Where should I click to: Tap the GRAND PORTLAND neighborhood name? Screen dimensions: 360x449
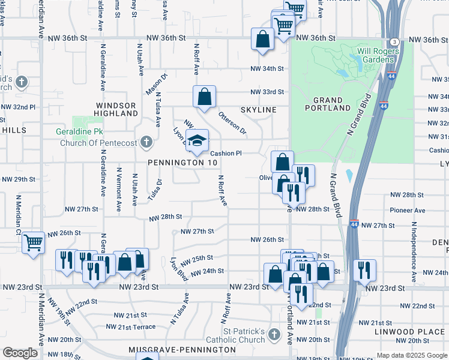(x=328, y=104)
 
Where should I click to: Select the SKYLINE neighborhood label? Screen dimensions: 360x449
(x=258, y=110)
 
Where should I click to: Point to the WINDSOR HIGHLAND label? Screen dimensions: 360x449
(x=116, y=109)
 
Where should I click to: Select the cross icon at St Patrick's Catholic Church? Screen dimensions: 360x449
(x=274, y=334)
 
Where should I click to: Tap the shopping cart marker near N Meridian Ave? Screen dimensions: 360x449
(x=33, y=243)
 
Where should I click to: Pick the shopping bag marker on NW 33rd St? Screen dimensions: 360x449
(x=204, y=97)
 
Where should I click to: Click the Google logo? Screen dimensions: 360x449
(x=20, y=353)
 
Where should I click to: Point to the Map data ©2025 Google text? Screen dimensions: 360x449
(x=412, y=355)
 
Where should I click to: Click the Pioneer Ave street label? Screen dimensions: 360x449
(x=407, y=211)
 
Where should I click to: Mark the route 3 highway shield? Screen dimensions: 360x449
(x=394, y=41)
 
